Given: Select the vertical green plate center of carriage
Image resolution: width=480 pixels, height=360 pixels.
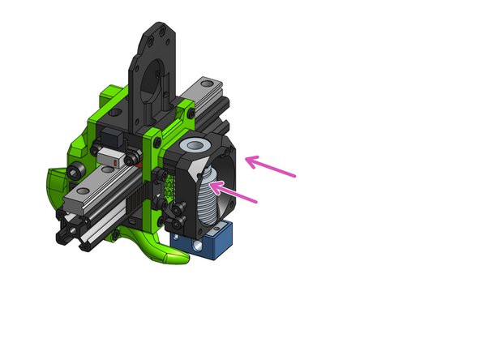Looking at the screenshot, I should [x=149, y=174].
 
